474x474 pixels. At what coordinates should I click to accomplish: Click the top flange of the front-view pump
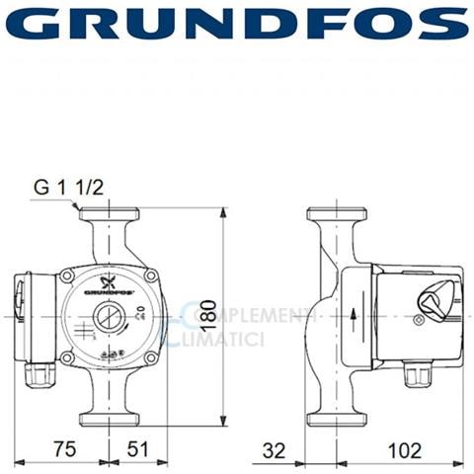tap(109, 214)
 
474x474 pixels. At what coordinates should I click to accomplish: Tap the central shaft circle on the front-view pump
tap(108, 318)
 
